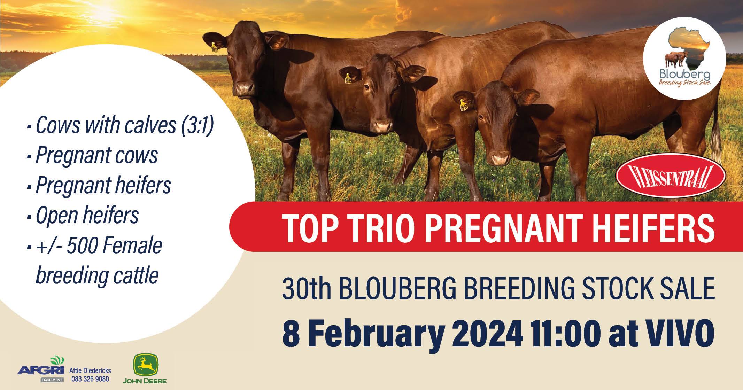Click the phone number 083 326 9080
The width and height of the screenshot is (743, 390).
[x=90, y=379]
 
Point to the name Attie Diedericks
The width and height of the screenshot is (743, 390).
[x=90, y=371]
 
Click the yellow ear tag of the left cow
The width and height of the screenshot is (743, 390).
[x=214, y=47]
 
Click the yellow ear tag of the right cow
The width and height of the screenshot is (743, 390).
[x=464, y=105]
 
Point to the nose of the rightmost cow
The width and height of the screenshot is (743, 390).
[x=500, y=159]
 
